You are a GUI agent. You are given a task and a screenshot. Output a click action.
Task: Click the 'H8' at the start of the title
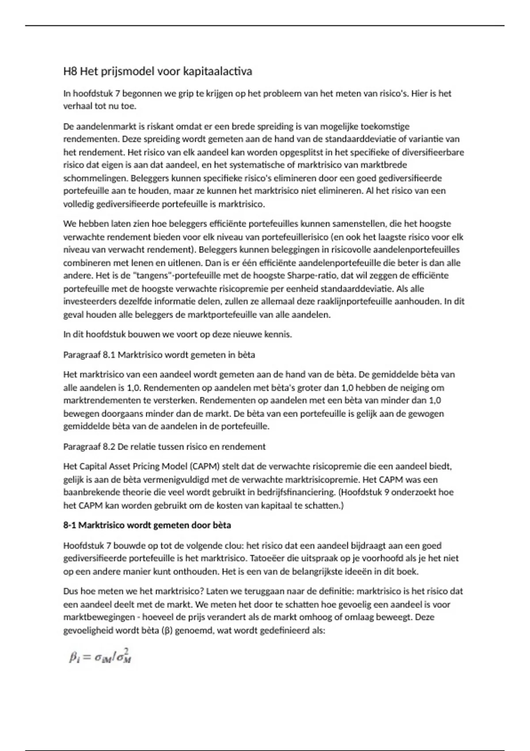tap(70, 72)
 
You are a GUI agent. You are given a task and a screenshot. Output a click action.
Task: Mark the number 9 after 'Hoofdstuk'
tap(386, 492)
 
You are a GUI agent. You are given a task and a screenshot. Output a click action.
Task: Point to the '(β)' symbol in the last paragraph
tap(167, 630)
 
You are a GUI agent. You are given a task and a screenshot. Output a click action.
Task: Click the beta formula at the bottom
tap(101, 657)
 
